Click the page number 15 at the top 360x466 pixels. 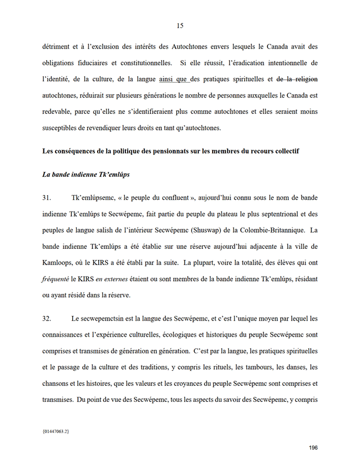180,25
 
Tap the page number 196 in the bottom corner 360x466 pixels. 313,448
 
